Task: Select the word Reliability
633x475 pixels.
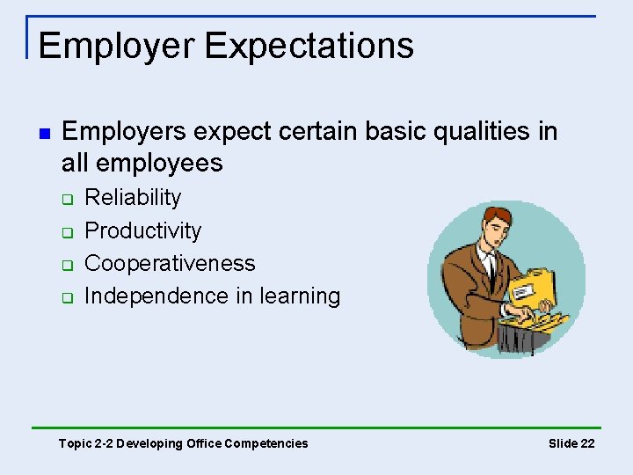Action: click(x=132, y=197)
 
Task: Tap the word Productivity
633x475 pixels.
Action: click(x=142, y=230)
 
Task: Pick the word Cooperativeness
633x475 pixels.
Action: click(x=170, y=263)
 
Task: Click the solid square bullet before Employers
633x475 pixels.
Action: click(x=43, y=134)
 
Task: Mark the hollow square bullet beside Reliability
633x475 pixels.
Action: click(x=66, y=200)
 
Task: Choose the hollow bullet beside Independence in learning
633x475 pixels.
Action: click(x=66, y=298)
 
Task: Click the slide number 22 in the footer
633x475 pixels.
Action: click(x=587, y=443)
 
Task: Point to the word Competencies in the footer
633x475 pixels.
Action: click(x=266, y=443)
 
